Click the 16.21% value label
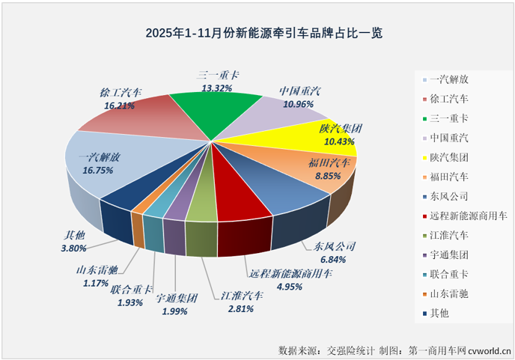tap(120, 107)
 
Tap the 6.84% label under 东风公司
tap(329, 260)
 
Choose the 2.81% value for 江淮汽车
tap(238, 307)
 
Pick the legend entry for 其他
tap(440, 313)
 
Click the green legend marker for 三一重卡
tap(425, 118)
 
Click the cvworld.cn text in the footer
tap(488, 350)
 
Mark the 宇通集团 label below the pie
tap(177, 298)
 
